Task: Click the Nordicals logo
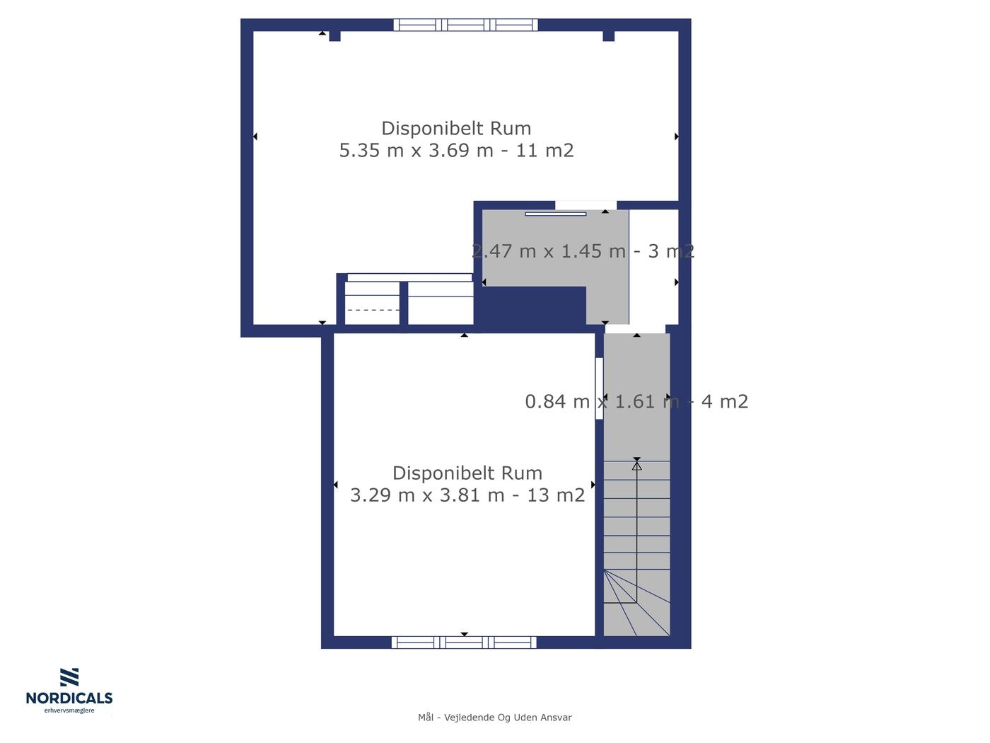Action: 69,691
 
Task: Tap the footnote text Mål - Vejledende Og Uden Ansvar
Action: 494,718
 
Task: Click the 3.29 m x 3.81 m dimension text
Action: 426,495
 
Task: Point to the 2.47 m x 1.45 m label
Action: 549,251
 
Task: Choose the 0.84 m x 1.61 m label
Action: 602,401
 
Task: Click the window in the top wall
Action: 465,25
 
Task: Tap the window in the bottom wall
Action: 464,643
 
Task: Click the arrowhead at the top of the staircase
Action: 636,465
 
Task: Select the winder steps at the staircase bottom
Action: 636,603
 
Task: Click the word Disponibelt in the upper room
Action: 433,129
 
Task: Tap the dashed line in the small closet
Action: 373,310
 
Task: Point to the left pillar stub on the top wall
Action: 334,36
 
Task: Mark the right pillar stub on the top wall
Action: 608,36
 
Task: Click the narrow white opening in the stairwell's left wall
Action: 599,388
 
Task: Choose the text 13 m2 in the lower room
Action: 556,495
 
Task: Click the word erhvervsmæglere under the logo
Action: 69,710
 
